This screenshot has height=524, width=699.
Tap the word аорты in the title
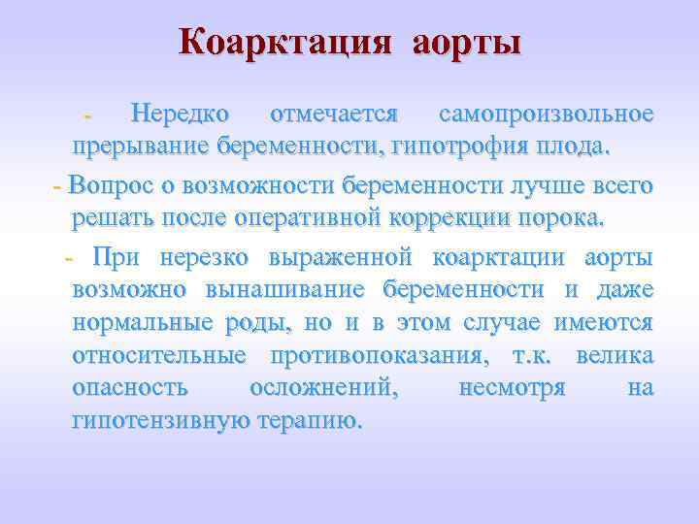tap(466, 43)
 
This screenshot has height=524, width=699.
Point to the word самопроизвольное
tap(546, 115)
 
